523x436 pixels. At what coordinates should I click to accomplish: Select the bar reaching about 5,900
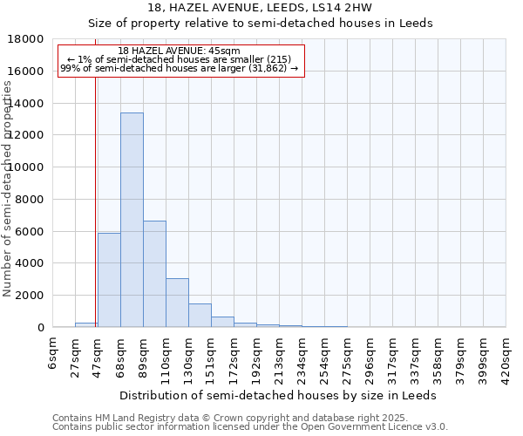109,280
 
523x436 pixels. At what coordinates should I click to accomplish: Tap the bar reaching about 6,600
154,274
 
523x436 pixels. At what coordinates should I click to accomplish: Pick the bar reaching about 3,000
177,303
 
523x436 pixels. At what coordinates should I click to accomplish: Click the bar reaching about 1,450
200,315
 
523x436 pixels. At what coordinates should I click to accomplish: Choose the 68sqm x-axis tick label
120,352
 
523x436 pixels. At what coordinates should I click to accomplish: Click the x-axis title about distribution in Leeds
279,395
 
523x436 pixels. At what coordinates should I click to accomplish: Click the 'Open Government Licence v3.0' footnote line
250,427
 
